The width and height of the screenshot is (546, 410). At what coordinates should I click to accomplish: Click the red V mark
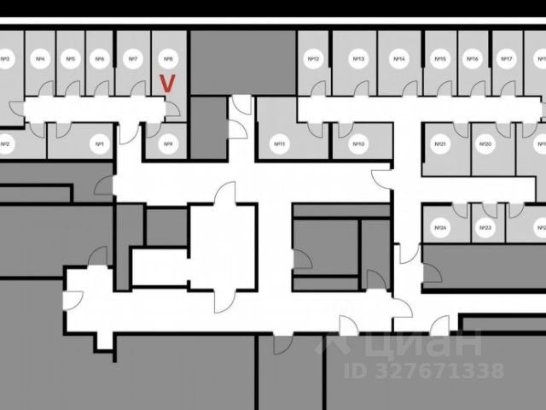pyautogui.click(x=168, y=83)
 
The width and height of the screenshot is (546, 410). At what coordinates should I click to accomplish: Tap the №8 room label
pyautogui.click(x=168, y=60)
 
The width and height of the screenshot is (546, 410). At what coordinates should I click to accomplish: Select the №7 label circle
pyautogui.click(x=132, y=60)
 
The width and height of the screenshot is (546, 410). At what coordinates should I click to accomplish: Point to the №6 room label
pyautogui.click(x=100, y=60)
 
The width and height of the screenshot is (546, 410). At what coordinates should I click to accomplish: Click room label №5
pyautogui.click(x=70, y=60)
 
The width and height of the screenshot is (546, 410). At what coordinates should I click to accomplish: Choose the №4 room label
pyautogui.click(x=40, y=60)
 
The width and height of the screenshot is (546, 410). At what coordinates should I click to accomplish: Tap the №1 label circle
pyautogui.click(x=100, y=145)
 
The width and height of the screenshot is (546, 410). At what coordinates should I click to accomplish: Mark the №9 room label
pyautogui.click(x=168, y=145)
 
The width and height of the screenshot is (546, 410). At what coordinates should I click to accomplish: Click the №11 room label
pyautogui.click(x=278, y=145)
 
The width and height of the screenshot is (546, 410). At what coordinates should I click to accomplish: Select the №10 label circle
pyautogui.click(x=359, y=145)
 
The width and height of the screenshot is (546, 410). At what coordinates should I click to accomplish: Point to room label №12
pyautogui.click(x=313, y=60)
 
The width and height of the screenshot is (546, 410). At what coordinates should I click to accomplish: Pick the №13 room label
pyautogui.click(x=359, y=60)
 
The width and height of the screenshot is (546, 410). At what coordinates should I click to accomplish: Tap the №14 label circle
pyautogui.click(x=398, y=60)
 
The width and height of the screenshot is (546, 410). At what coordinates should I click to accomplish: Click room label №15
pyautogui.click(x=440, y=60)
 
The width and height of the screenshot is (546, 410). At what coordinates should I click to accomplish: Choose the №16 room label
pyautogui.click(x=473, y=60)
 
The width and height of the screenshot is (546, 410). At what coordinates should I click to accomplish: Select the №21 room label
pyautogui.click(x=442, y=145)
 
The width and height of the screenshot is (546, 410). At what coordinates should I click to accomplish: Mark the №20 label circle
pyautogui.click(x=485, y=145)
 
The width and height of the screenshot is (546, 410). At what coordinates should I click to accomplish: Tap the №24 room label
pyautogui.click(x=441, y=228)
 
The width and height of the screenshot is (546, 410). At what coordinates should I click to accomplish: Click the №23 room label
pyautogui.click(x=485, y=228)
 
